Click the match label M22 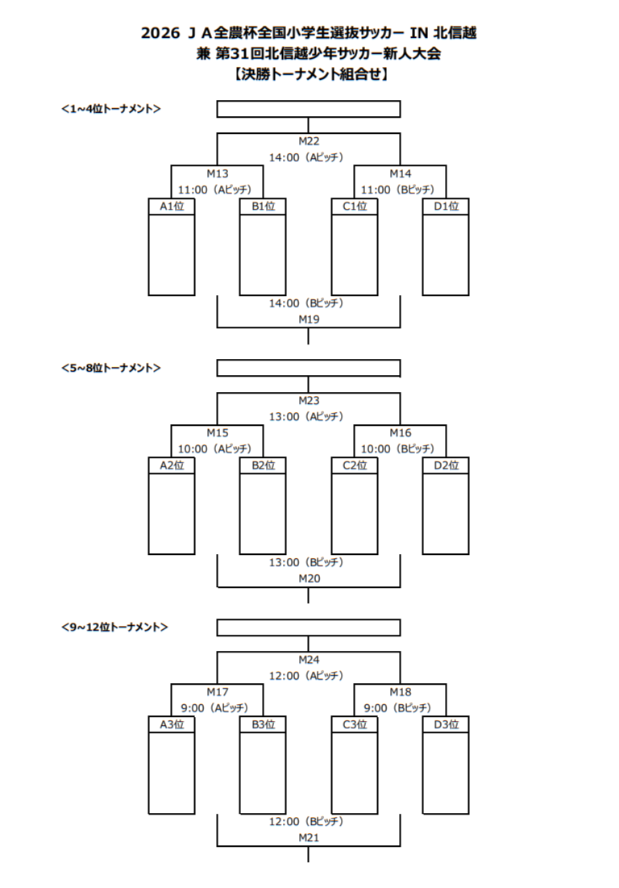[309, 141]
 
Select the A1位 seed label [172, 206]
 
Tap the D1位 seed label [446, 206]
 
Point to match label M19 [309, 319]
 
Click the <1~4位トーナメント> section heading [110, 109]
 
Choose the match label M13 [217, 173]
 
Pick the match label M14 [401, 173]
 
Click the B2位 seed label [263, 465]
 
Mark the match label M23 [309, 400]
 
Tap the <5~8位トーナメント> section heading [110, 368]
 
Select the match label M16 [401, 432]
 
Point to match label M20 [309, 578]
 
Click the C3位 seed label [355, 724]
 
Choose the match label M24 [309, 659]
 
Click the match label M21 [309, 837]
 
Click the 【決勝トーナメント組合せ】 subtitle [309, 75]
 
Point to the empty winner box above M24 [309, 627]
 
